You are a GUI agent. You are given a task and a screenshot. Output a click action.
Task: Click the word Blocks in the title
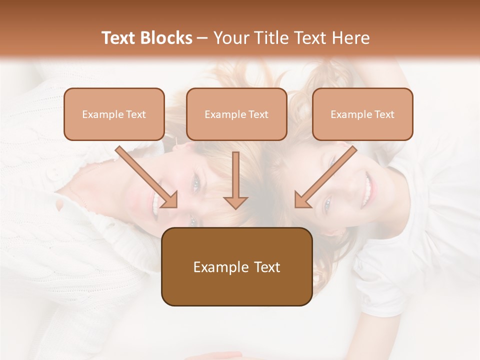tap(166, 38)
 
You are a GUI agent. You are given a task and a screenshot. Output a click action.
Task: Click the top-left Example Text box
tap(114, 114)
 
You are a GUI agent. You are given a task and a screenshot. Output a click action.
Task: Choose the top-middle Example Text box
tap(236, 114)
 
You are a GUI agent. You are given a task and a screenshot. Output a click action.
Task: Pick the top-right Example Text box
tap(362, 114)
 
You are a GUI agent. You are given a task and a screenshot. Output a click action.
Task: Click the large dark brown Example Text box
tap(236, 266)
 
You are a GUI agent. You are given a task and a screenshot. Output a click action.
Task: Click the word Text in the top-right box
tap(384, 114)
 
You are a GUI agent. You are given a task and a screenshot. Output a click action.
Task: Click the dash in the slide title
tap(202, 38)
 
